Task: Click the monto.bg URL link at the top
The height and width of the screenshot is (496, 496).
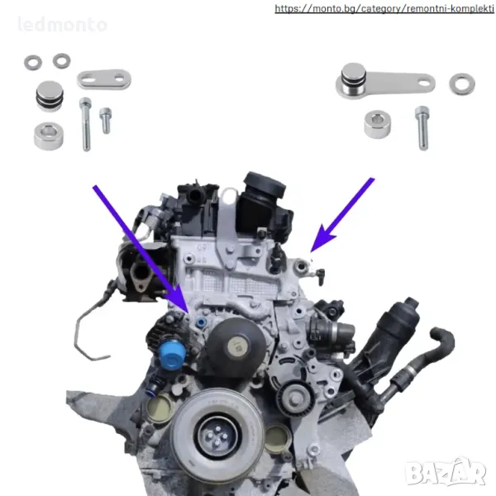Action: (x=384, y=8)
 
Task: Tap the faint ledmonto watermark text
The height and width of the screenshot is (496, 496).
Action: (x=62, y=25)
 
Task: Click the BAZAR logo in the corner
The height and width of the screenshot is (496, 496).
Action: (x=446, y=472)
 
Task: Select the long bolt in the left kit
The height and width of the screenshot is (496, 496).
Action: (x=85, y=124)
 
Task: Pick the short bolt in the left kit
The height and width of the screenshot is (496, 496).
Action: (x=105, y=120)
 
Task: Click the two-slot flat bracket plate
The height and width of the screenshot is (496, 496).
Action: (x=104, y=79)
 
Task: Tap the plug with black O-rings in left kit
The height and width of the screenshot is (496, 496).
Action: (x=50, y=96)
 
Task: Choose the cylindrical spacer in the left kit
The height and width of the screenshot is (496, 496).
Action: (x=49, y=136)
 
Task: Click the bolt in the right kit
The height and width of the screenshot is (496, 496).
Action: (x=422, y=127)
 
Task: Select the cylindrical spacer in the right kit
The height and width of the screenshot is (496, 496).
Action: (x=377, y=124)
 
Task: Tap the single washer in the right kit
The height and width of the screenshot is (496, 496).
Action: (x=462, y=83)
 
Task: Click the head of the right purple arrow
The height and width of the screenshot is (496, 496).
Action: (x=321, y=239)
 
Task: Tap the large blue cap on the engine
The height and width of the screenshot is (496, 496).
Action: (x=172, y=355)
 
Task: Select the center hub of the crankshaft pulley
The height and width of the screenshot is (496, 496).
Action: (x=217, y=436)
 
